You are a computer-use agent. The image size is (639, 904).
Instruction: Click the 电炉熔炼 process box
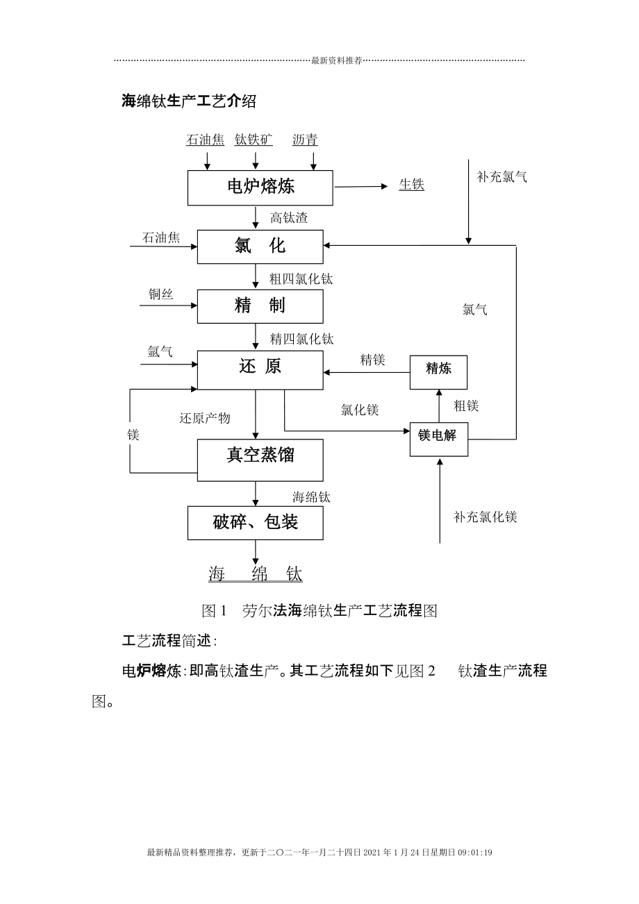pyautogui.click(x=260, y=187)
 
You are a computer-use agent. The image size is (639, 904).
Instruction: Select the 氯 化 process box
pyautogui.click(x=260, y=246)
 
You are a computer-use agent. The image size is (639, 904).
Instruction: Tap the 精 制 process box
pyautogui.click(x=260, y=306)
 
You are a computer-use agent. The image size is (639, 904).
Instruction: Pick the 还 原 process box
pyautogui.click(x=260, y=369)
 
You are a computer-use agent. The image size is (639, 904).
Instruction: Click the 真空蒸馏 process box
pyautogui.click(x=260, y=460)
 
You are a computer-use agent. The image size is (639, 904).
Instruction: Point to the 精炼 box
pyautogui.click(x=438, y=371)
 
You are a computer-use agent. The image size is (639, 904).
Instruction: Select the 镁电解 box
pyautogui.click(x=438, y=439)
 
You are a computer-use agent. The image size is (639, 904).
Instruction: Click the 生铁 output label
pyautogui.click(x=411, y=185)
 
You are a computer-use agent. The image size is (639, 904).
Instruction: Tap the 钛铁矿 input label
pyautogui.click(x=254, y=140)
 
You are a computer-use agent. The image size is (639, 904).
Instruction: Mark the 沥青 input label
pyautogui.click(x=305, y=140)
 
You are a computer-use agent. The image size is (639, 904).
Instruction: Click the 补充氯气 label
pyautogui.click(x=501, y=176)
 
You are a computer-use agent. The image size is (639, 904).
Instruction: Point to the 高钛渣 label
pyautogui.click(x=289, y=218)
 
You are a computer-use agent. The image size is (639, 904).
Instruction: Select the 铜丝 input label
pyautogui.click(x=160, y=294)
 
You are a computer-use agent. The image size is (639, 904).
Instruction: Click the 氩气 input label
pyautogui.click(x=160, y=352)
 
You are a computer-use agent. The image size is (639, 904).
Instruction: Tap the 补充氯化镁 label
pyautogui.click(x=486, y=517)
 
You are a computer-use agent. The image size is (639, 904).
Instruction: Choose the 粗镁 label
pyautogui.click(x=466, y=406)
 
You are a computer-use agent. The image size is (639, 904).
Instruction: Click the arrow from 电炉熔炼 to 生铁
pyautogui.click(x=360, y=187)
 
